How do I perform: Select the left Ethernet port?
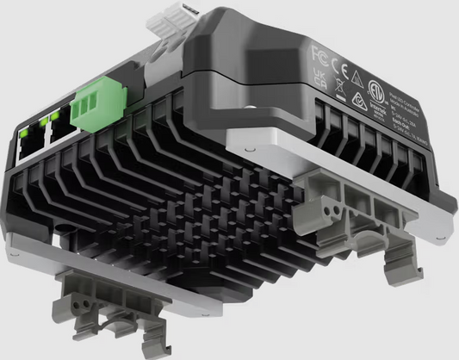pyautogui.click(x=28, y=152)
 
